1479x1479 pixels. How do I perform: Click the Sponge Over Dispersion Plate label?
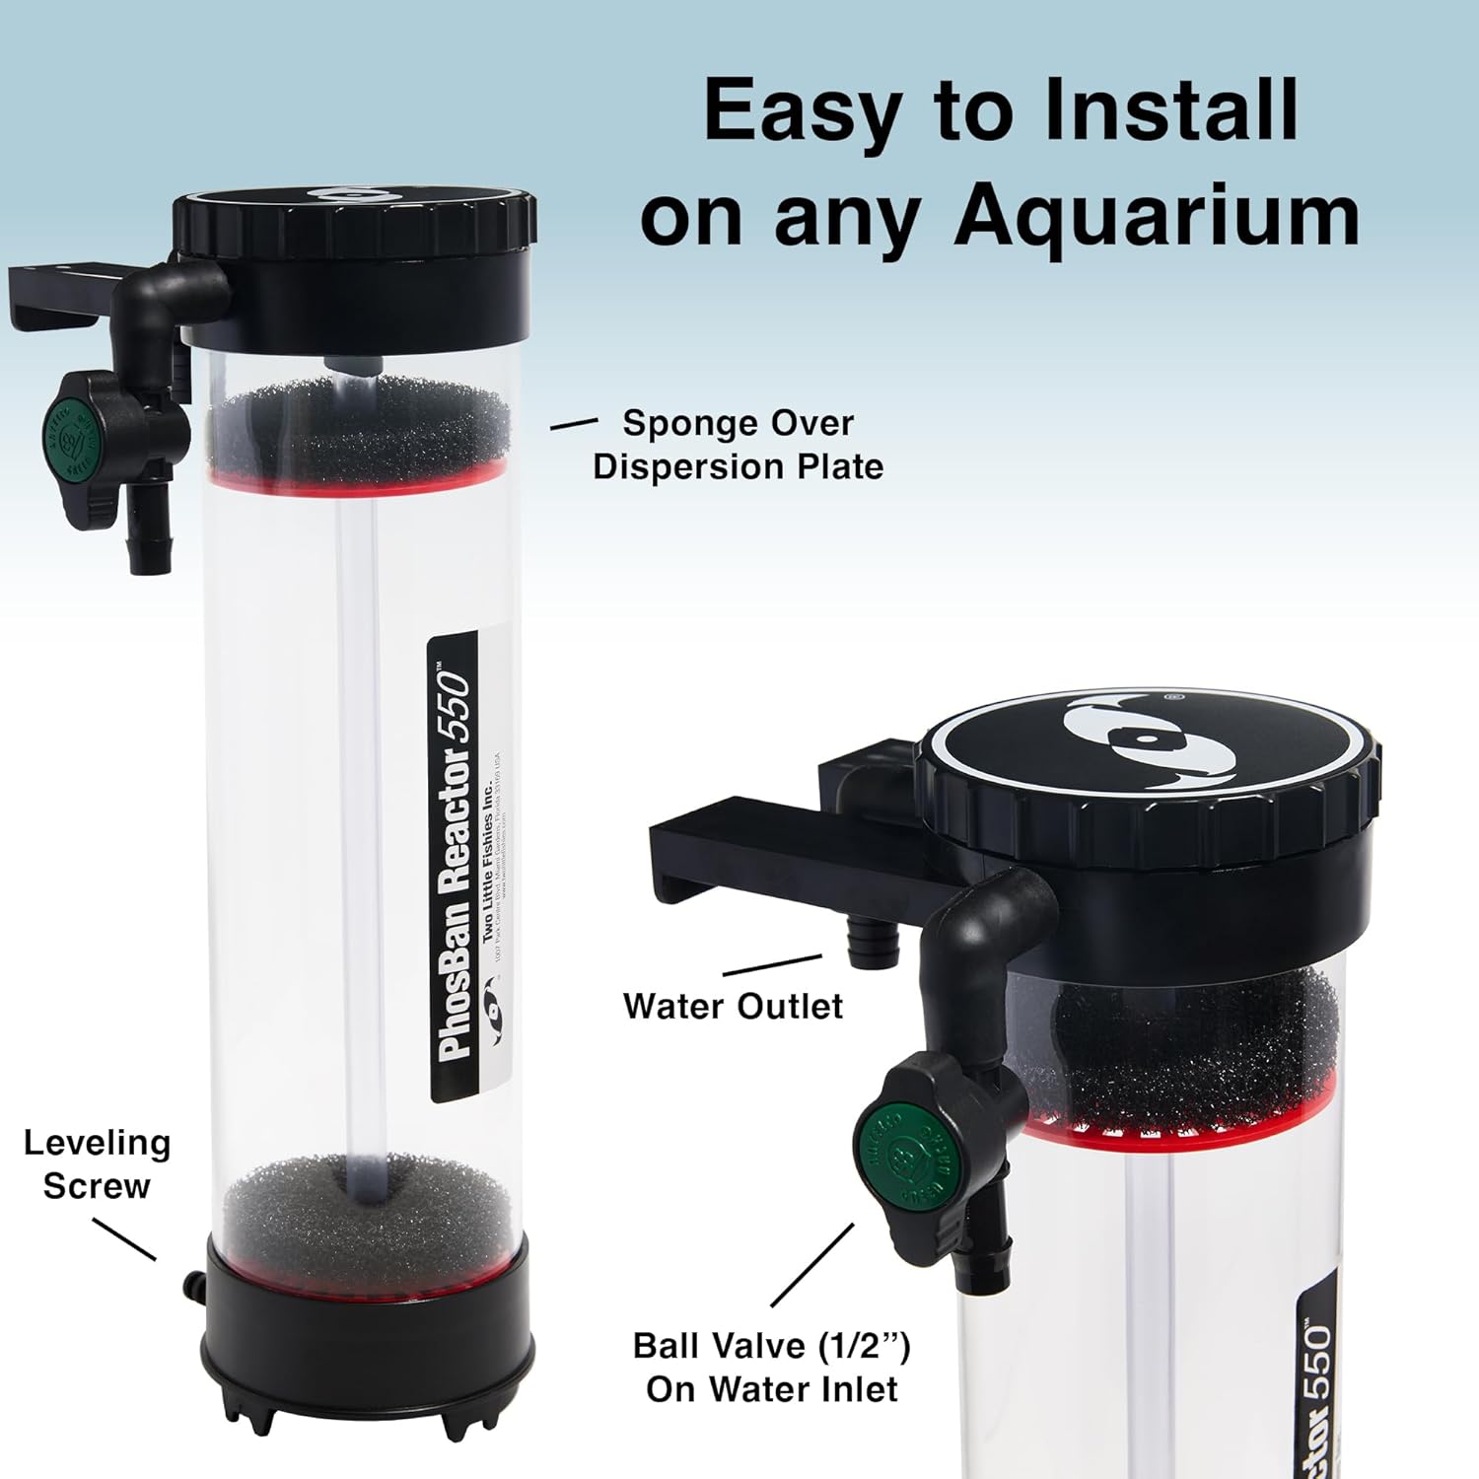[738, 445]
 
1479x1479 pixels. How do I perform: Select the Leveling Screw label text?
[97, 1164]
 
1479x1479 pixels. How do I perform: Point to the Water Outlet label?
[733, 1007]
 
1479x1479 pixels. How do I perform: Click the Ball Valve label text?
[771, 1368]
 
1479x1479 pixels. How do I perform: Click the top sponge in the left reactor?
[360, 429]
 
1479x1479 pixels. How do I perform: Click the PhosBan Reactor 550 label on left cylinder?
[455, 868]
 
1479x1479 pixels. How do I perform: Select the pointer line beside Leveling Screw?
[124, 1238]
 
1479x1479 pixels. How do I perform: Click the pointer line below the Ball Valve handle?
[812, 1265]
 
